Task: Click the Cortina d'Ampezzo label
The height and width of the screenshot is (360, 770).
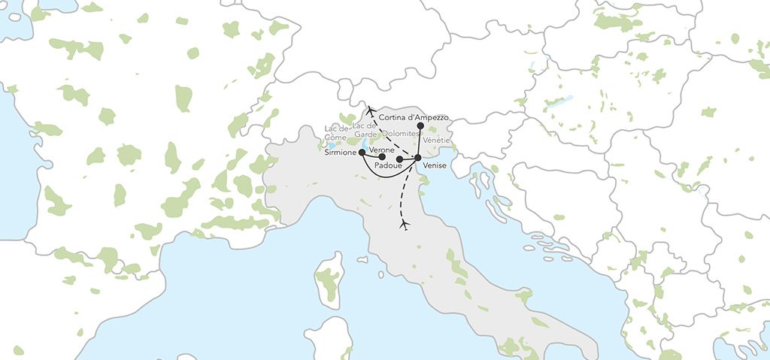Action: click(x=414, y=117)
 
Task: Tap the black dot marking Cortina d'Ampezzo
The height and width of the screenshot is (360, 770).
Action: click(x=420, y=126)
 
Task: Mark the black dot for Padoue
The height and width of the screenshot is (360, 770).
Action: click(x=399, y=159)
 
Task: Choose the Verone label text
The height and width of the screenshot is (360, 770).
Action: click(x=383, y=150)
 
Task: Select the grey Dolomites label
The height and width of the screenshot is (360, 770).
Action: click(x=400, y=132)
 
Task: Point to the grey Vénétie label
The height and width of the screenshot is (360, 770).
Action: click(x=438, y=141)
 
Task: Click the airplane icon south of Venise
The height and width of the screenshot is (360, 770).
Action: click(x=405, y=225)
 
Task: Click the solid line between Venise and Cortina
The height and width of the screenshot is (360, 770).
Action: click(x=419, y=142)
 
